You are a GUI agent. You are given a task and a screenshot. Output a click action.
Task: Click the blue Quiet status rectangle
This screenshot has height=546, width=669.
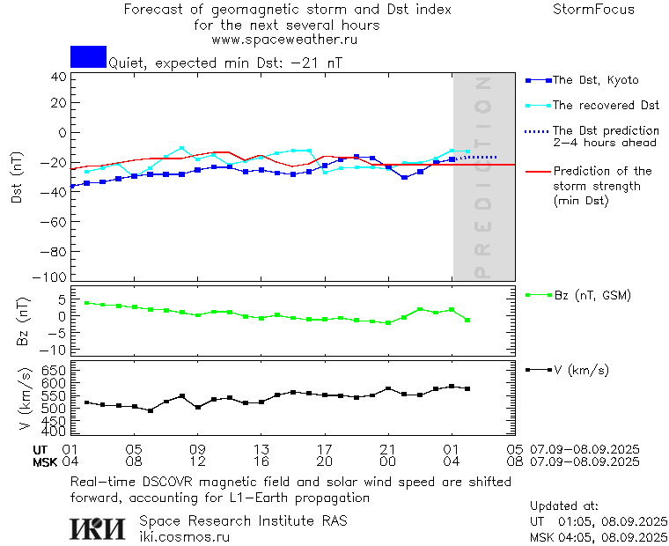click(88, 56)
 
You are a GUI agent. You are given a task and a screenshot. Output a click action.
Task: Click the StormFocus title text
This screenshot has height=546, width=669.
click(593, 10)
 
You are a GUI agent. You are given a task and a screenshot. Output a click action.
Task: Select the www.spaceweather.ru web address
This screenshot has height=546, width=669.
click(284, 40)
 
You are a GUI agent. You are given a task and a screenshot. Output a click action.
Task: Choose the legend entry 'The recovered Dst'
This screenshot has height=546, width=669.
click(606, 106)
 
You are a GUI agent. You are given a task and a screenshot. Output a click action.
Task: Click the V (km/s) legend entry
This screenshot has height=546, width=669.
click(580, 370)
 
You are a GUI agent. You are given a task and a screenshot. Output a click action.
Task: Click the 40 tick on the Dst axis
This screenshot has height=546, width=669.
click(58, 77)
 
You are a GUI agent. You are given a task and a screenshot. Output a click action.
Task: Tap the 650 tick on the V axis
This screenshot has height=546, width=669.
click(55, 371)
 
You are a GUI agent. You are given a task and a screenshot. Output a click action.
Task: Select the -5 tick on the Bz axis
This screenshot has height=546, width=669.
click(58, 333)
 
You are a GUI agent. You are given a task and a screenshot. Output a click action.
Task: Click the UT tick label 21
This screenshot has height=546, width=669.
click(388, 449)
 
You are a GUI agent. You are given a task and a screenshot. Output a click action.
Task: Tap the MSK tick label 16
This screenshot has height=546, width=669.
click(261, 461)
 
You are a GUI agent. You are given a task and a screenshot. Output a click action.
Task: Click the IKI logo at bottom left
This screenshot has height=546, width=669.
click(99, 528)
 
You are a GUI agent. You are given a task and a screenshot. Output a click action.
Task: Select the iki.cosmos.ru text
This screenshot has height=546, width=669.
click(184, 536)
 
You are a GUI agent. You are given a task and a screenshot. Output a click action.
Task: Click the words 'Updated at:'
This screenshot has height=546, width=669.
click(563, 506)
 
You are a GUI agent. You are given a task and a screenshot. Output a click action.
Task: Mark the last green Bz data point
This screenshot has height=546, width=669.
click(467, 320)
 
